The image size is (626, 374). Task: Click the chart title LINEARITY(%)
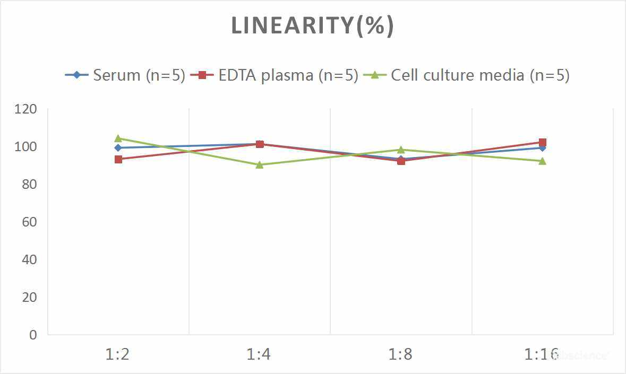[312, 26]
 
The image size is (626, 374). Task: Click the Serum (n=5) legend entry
[125, 75]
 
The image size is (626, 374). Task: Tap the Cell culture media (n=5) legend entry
[467, 75]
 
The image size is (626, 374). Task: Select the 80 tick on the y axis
[28, 185]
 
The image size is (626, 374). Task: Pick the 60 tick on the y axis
[28, 222]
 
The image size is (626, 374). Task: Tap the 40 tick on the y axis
[28, 259]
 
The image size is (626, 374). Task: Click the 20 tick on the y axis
[28, 297]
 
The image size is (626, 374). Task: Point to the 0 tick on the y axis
[33, 335]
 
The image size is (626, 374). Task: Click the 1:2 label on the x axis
[118, 354]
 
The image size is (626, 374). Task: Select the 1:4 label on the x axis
[259, 354]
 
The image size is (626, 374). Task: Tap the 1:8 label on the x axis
[401, 354]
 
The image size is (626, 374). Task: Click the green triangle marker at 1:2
[118, 138]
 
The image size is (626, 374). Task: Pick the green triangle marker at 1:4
[260, 164]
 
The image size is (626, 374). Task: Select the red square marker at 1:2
[118, 159]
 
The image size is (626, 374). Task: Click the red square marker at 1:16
[543, 142]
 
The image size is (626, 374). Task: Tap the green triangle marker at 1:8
[401, 150]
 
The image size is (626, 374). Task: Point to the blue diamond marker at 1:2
[118, 148]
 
